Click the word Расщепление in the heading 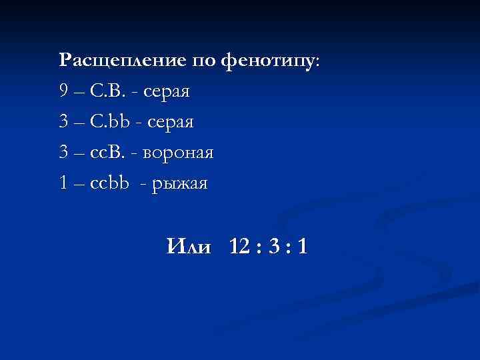click(x=123, y=60)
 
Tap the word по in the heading click(x=203, y=60)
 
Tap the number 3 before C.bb click(x=63, y=122)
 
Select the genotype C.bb click(x=110, y=122)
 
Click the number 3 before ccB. click(x=63, y=153)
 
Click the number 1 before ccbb click(x=63, y=183)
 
